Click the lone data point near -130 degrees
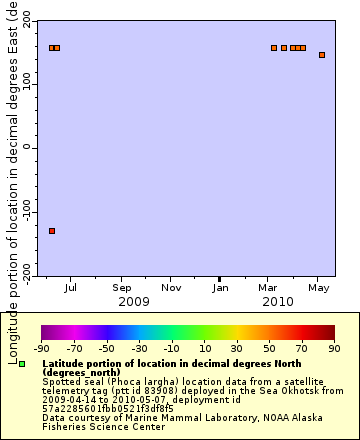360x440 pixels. tap(52, 231)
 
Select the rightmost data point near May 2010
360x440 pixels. tap(322, 55)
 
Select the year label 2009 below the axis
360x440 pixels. tap(133, 301)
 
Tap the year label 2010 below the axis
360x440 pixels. tap(277, 301)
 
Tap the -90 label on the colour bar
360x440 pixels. tap(41, 349)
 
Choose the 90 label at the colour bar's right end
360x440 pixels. tap(335, 349)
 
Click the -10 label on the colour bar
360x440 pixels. tap(172, 349)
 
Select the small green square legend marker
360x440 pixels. tap(22, 364)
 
